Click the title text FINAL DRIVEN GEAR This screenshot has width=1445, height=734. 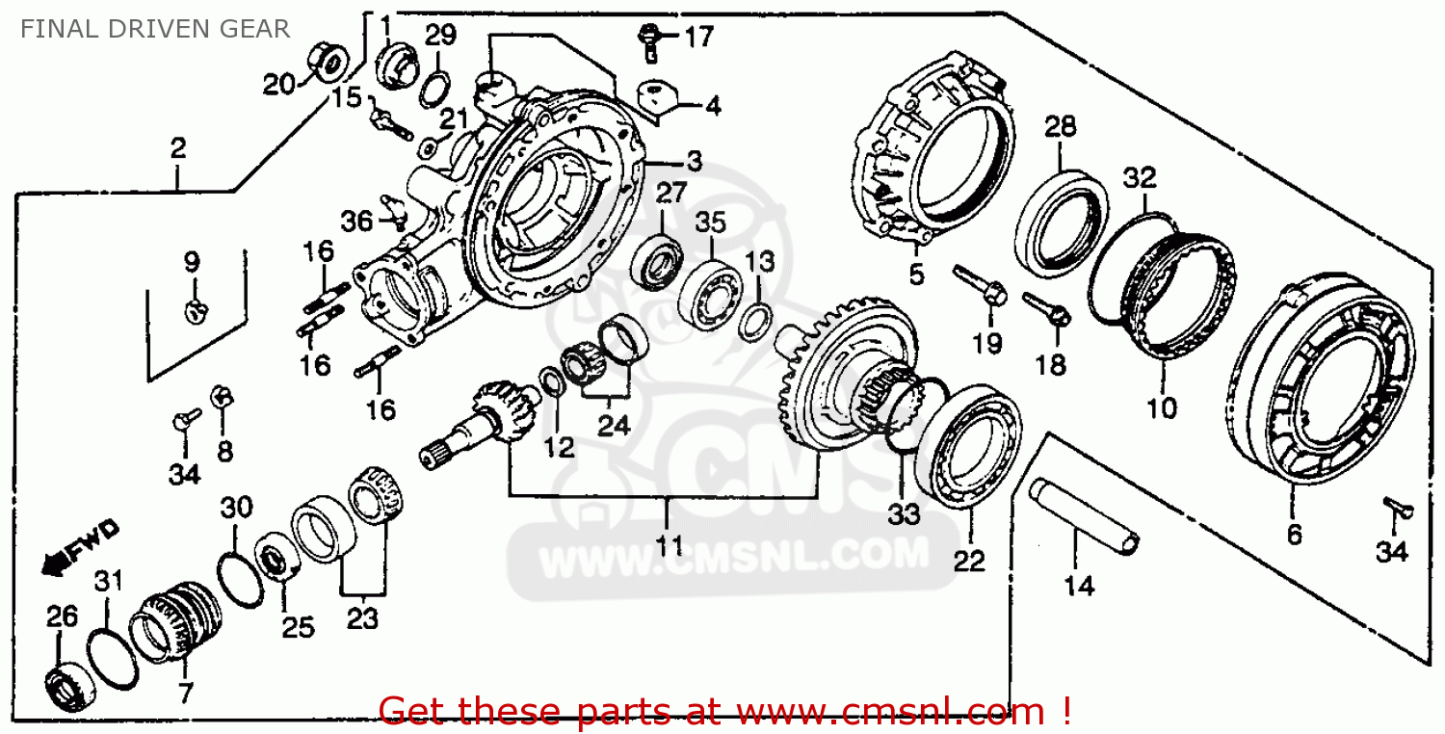click(x=155, y=29)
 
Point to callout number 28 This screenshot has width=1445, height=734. click(x=1060, y=126)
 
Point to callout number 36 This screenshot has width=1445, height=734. click(x=356, y=221)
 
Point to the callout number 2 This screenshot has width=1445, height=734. click(x=177, y=148)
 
